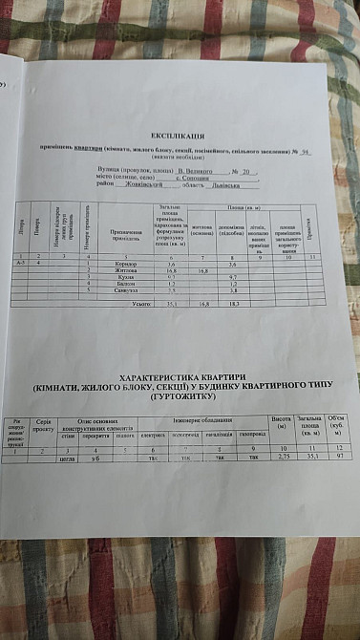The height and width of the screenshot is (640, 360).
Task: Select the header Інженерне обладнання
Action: pyautogui.click(x=199, y=421)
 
